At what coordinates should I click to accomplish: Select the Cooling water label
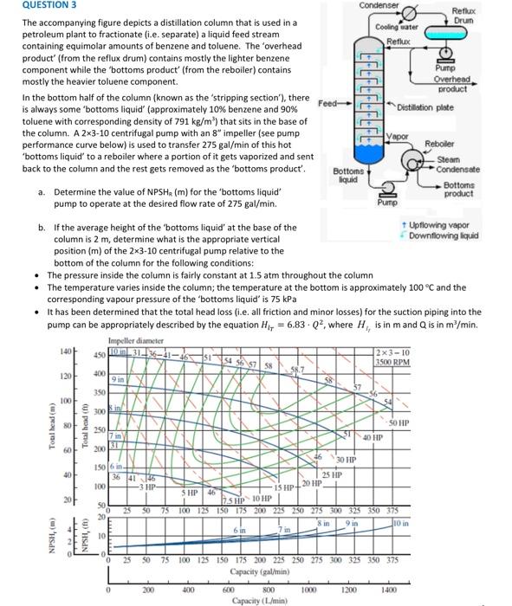click(x=397, y=27)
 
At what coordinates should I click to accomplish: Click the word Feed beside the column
click(x=328, y=103)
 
